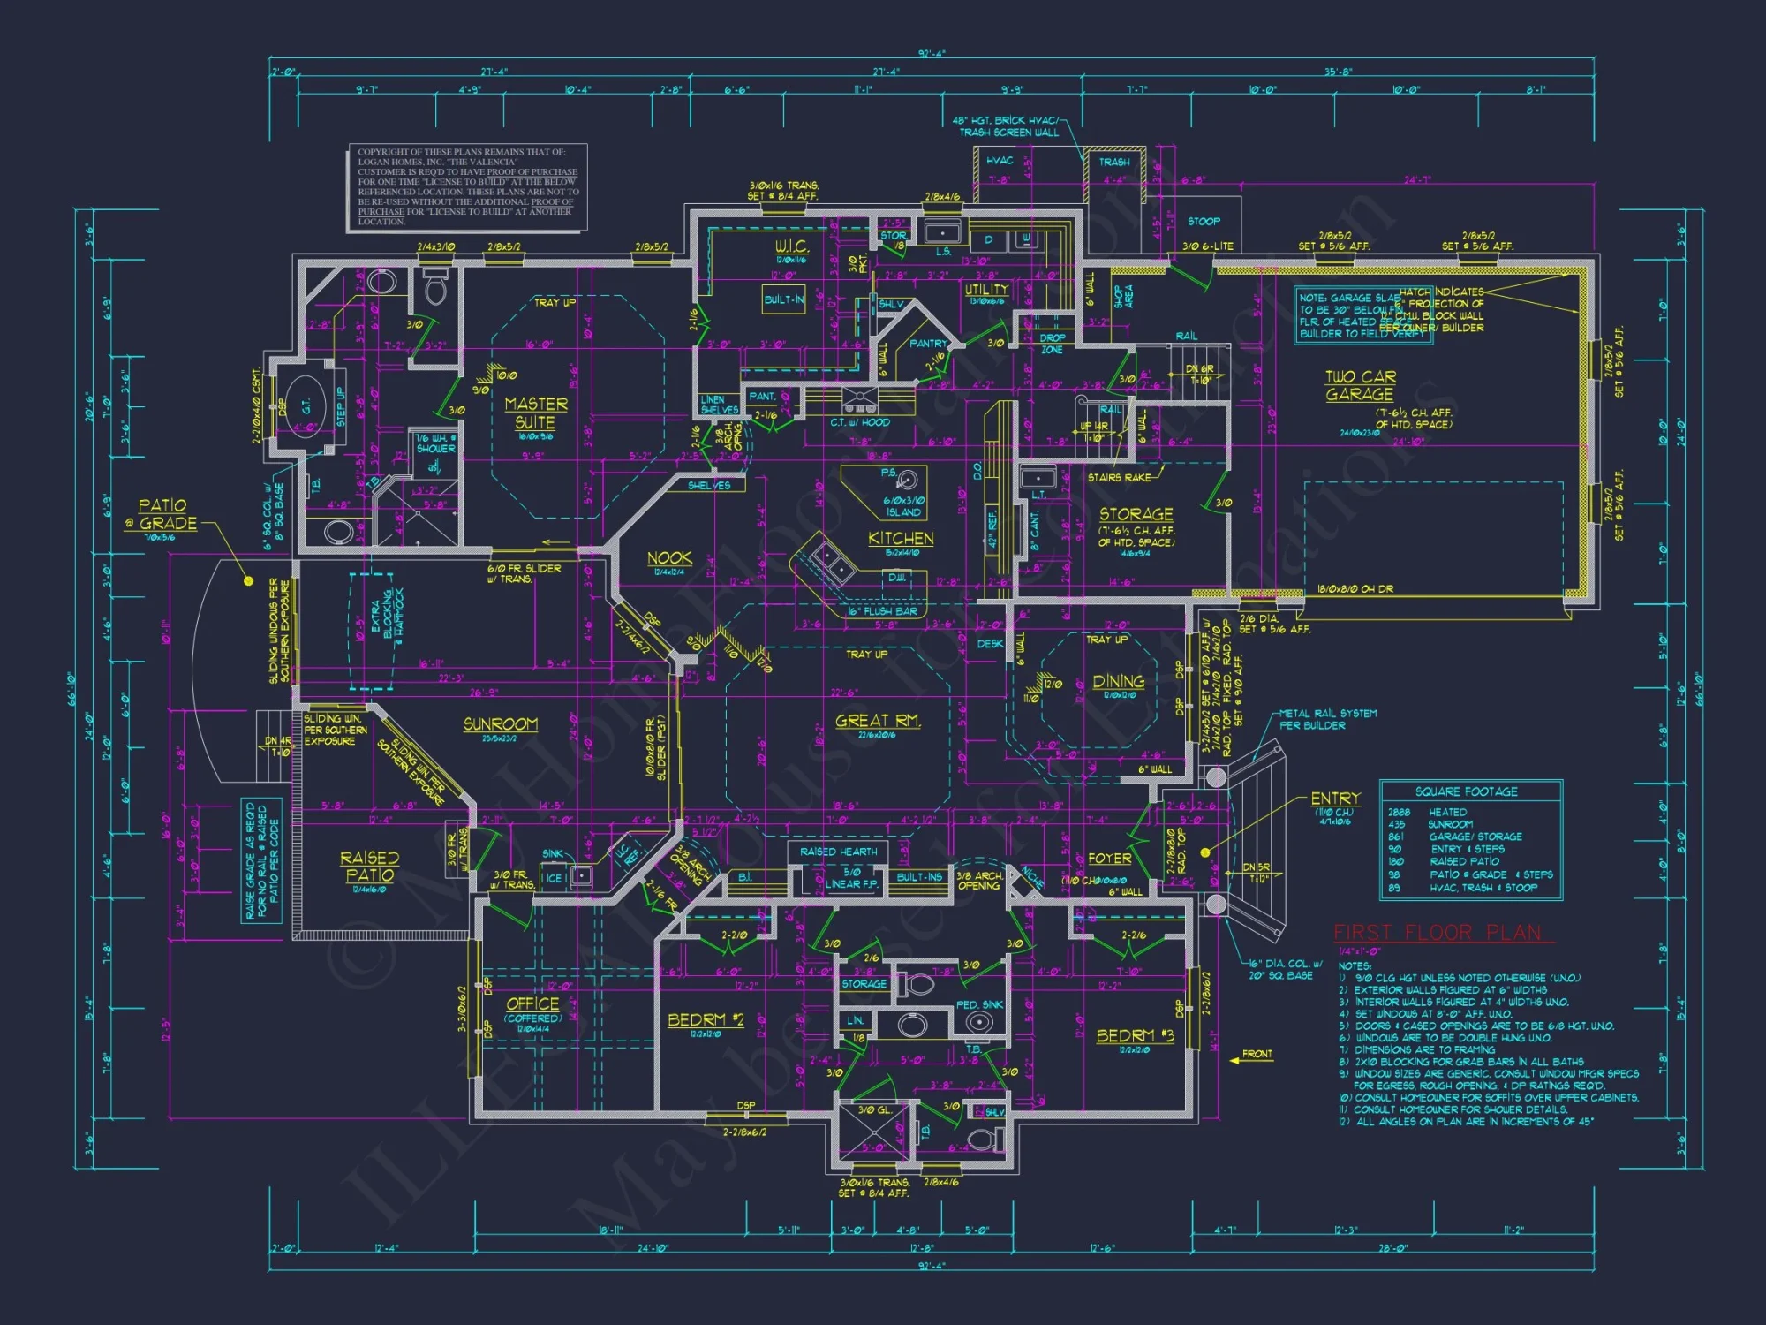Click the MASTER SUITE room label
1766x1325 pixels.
[536, 413]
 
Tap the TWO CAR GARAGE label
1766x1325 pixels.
[1360, 385]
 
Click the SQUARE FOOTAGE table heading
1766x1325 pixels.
[1467, 791]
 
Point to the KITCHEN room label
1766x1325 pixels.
[901, 538]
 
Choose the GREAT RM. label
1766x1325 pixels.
[878, 721]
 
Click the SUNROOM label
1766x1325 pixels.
[501, 724]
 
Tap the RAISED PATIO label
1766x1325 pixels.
[370, 866]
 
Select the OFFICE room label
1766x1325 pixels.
[532, 1003]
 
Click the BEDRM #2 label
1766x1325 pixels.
[706, 1019]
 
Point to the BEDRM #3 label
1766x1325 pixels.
[1135, 1035]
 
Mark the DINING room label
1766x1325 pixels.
[1118, 681]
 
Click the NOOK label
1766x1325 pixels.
[669, 557]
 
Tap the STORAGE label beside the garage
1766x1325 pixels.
[1136, 513]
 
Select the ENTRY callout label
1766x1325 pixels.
[1335, 798]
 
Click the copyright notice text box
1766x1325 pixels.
[467, 186]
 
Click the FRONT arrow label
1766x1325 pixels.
[1257, 1054]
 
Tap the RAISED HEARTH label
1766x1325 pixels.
[839, 852]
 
